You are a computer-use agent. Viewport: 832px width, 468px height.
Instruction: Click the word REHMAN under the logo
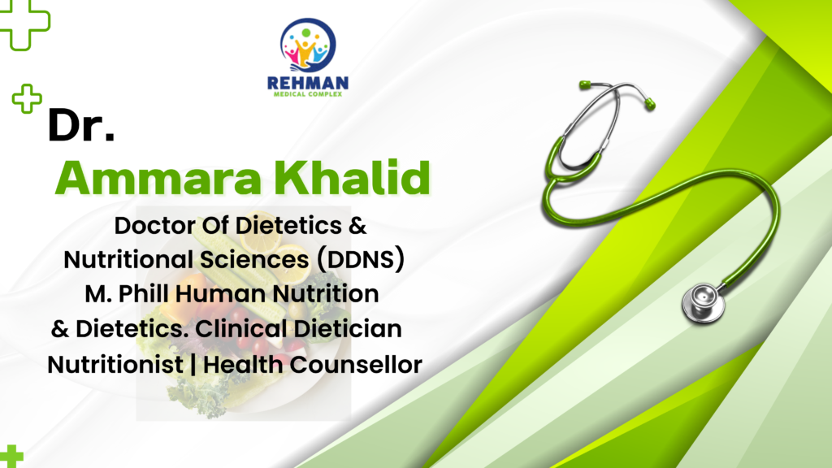(x=308, y=84)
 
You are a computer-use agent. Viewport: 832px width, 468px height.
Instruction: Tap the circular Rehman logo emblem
(x=308, y=45)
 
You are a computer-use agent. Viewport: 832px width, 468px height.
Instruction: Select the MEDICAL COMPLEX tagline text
(x=308, y=94)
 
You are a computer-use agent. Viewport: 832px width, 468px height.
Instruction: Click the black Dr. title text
(x=80, y=125)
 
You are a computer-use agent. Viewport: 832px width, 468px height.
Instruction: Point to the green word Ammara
(x=158, y=178)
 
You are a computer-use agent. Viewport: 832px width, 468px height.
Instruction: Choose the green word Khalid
(x=351, y=177)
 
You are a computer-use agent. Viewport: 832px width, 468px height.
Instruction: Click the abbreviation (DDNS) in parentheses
(x=361, y=260)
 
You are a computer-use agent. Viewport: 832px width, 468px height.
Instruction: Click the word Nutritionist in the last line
(x=115, y=365)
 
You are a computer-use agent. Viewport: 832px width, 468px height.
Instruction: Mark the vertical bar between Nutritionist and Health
(x=193, y=365)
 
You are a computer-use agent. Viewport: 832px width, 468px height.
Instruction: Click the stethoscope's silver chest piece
(x=703, y=302)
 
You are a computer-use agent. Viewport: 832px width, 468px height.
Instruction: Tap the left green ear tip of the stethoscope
(x=585, y=84)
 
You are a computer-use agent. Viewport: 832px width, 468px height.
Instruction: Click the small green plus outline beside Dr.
(x=27, y=98)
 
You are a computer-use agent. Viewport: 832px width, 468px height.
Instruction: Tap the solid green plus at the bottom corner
(x=11, y=457)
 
